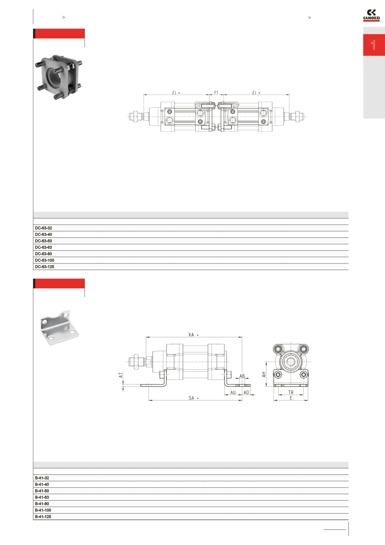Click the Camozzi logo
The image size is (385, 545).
(x=371, y=16)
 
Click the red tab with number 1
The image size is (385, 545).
(x=374, y=45)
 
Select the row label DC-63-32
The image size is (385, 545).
(x=44, y=228)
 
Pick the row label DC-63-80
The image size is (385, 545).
(x=44, y=254)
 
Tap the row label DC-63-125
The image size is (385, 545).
(x=44, y=267)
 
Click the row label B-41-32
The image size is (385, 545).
(x=42, y=478)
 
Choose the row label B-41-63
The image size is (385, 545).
(x=42, y=497)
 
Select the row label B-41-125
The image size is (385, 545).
(x=43, y=517)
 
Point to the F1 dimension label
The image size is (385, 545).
(x=216, y=93)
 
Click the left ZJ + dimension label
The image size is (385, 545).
(x=176, y=93)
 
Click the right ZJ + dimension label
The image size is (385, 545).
(x=256, y=93)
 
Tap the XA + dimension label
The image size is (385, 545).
(x=193, y=335)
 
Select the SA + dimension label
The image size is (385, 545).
(x=193, y=398)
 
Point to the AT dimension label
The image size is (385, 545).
(x=121, y=375)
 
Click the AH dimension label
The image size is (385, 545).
(x=264, y=375)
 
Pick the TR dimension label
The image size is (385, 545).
(x=291, y=392)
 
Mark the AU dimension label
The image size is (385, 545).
(x=233, y=392)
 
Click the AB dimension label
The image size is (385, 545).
(x=242, y=376)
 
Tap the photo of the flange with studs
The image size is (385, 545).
(x=59, y=76)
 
